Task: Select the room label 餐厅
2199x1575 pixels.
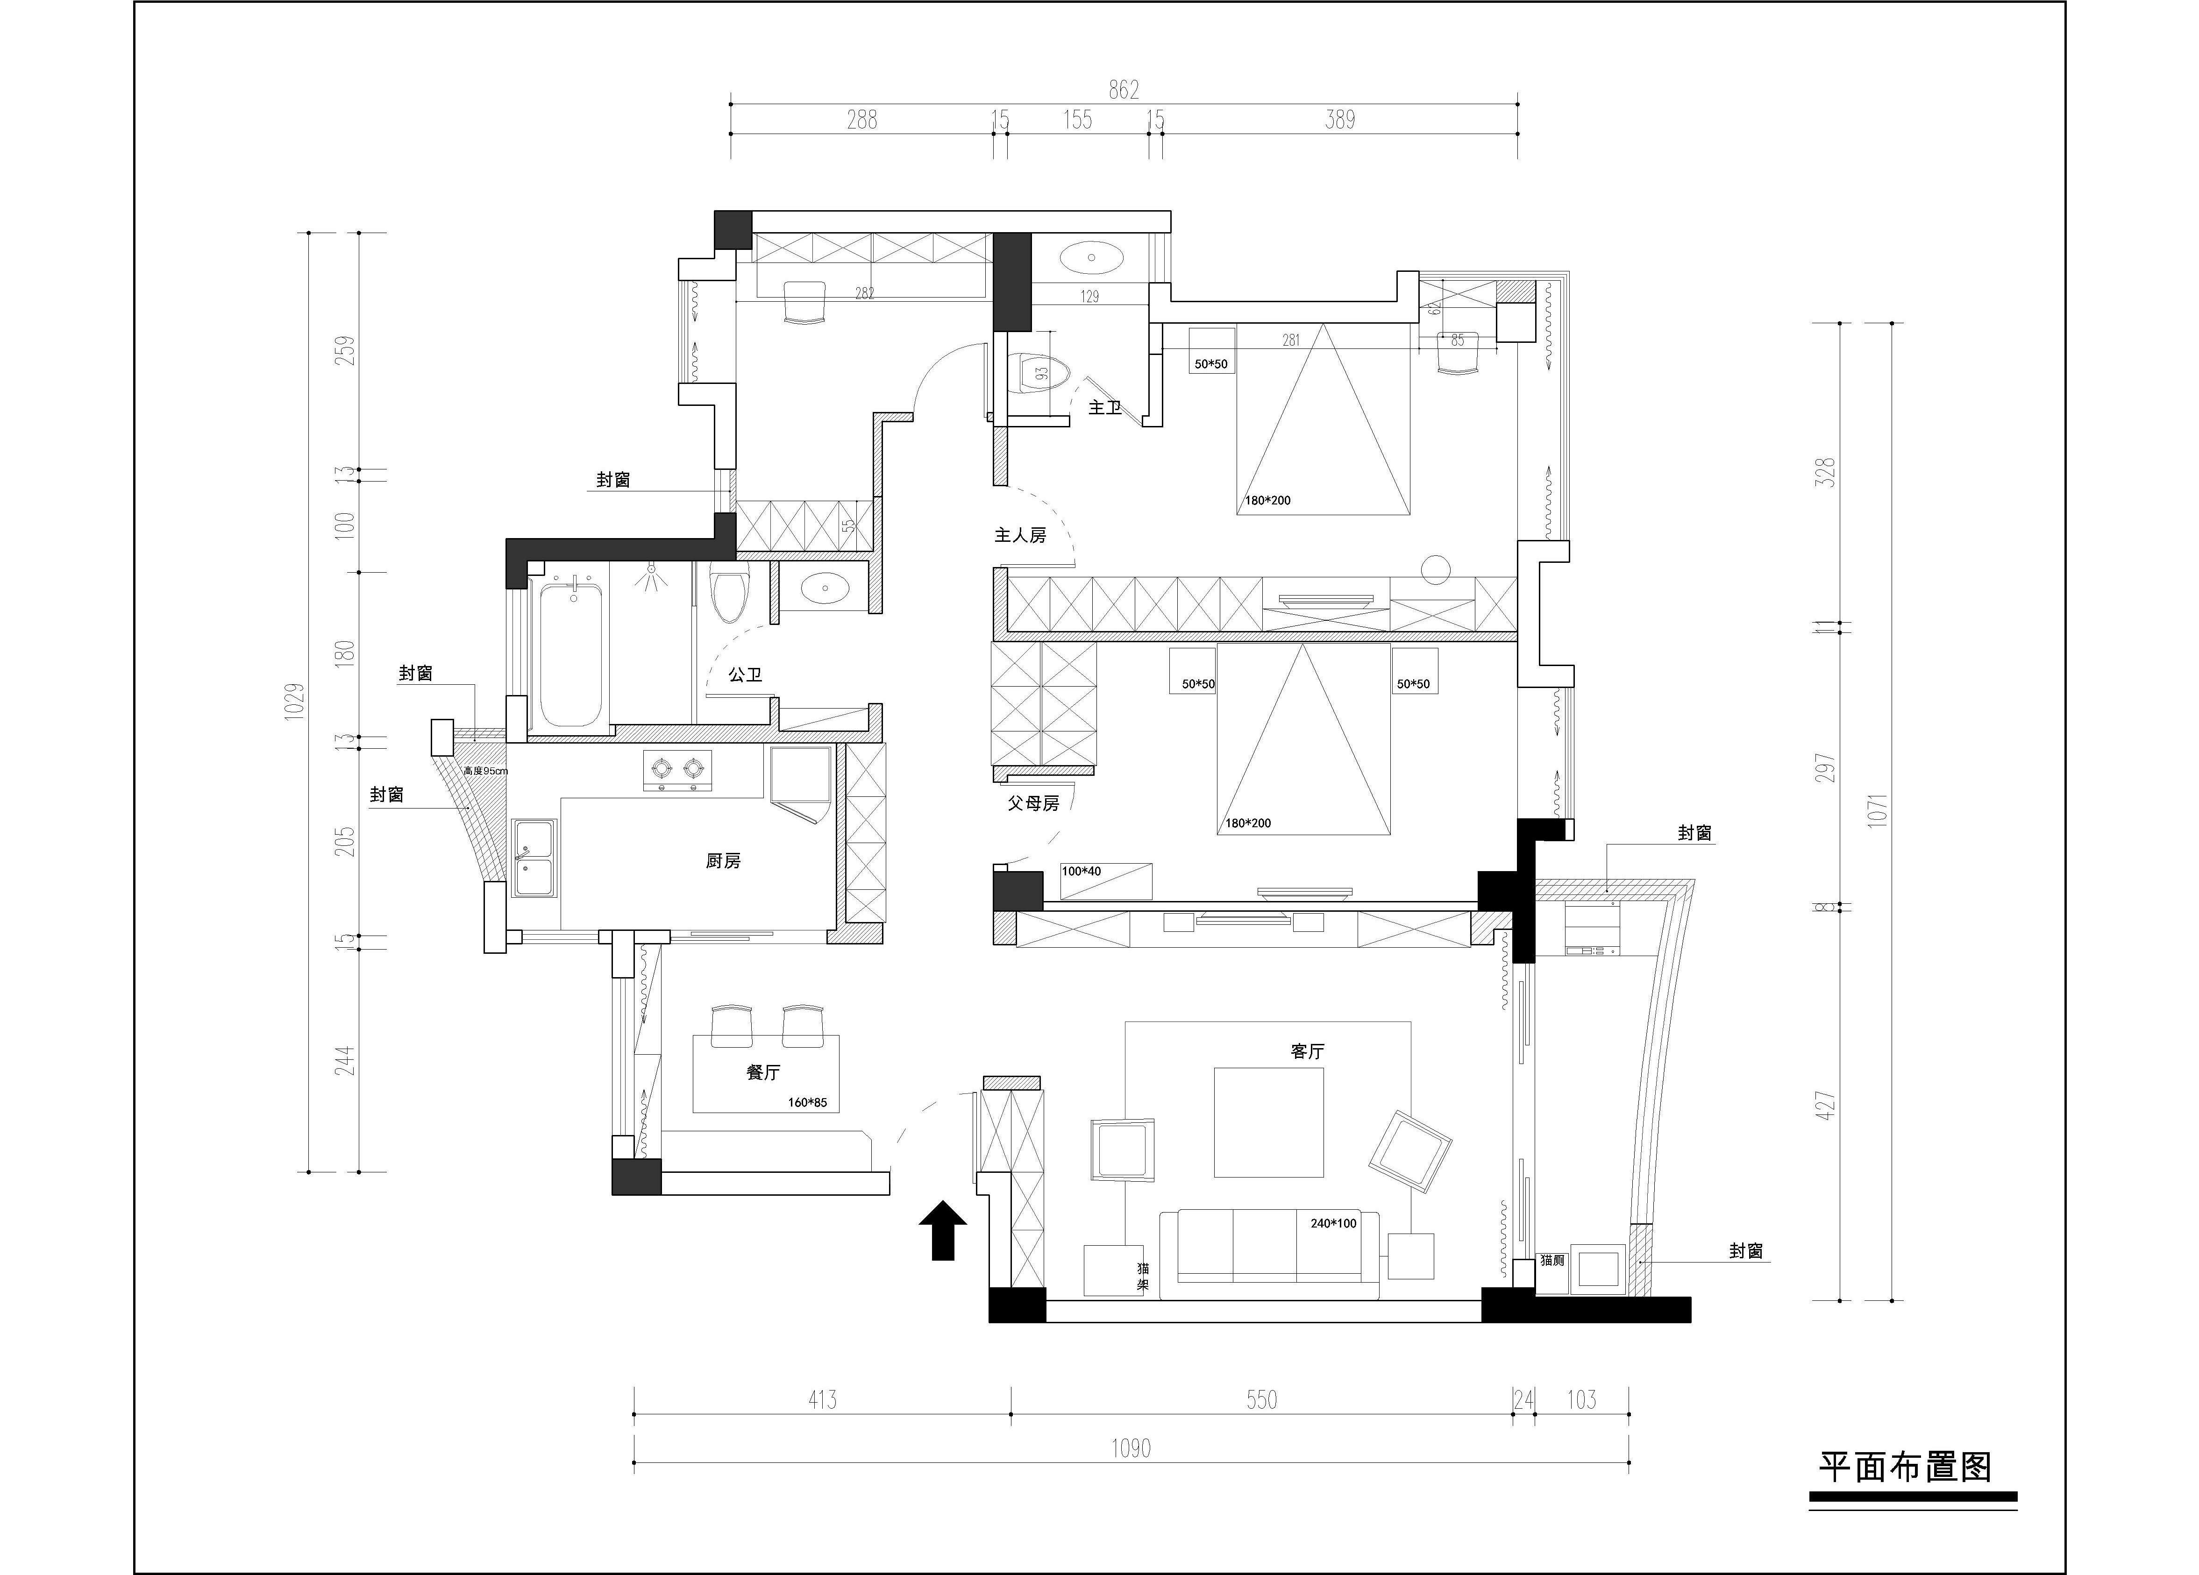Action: (x=763, y=1072)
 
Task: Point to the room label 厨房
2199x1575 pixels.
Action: (x=723, y=860)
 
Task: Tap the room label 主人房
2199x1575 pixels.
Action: (x=1020, y=535)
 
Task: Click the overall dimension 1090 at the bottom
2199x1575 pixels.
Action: (x=1131, y=1448)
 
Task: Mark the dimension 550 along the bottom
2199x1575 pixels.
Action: (x=1261, y=1399)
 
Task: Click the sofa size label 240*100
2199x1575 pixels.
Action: (x=1333, y=1223)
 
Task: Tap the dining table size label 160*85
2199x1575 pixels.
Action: (x=808, y=1102)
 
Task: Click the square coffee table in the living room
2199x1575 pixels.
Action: (x=1268, y=1122)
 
